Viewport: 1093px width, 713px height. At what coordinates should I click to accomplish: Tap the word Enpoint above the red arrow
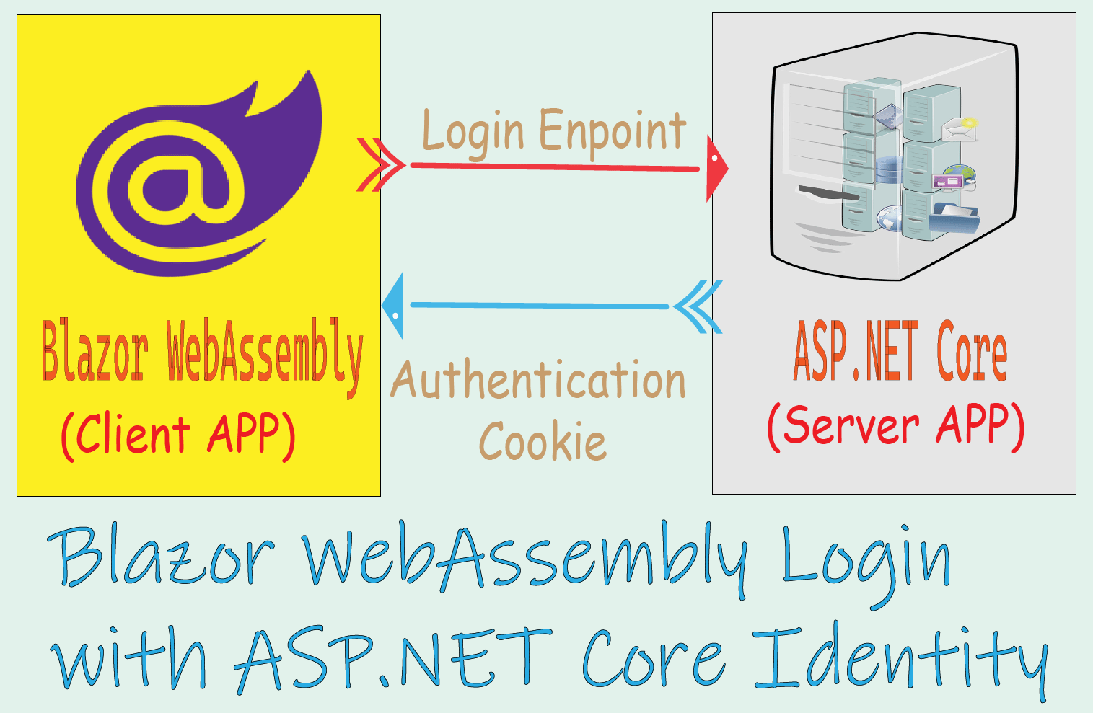coord(612,131)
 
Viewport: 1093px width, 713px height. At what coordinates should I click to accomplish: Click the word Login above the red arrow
coord(473,133)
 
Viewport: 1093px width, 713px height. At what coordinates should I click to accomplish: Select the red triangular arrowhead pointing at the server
coord(716,168)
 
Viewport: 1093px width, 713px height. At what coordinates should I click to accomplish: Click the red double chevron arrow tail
coord(380,165)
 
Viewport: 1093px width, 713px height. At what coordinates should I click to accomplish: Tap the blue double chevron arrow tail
coord(698,306)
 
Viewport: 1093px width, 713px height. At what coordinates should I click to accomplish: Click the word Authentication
coord(538,381)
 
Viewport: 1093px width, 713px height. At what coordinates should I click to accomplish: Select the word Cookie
coord(543,441)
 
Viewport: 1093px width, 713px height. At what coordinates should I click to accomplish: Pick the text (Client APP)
coord(178,435)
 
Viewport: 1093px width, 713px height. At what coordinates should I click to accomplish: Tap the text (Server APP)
coord(895,425)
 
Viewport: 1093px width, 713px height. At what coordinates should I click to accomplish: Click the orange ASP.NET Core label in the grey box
coord(900,352)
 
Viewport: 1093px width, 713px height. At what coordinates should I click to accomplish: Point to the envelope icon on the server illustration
coord(960,128)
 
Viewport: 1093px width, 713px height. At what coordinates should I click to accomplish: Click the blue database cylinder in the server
coord(889,170)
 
